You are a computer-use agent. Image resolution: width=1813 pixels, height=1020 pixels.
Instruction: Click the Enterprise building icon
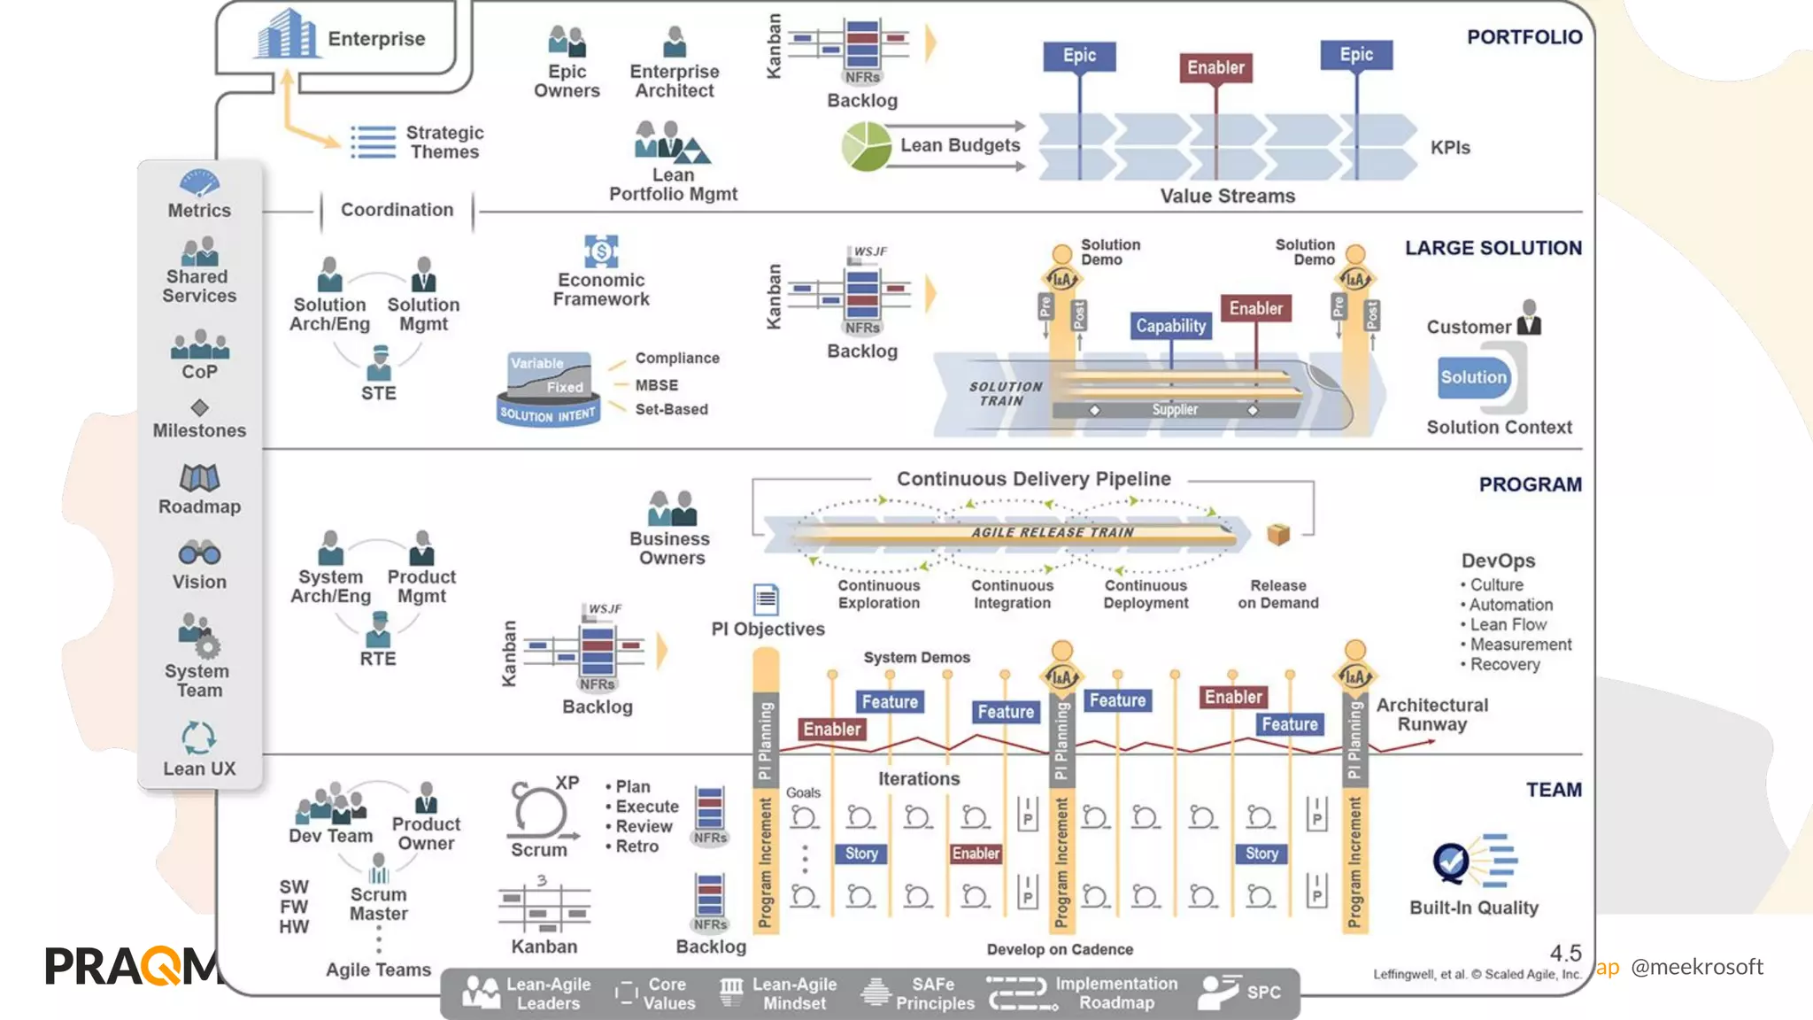coord(286,35)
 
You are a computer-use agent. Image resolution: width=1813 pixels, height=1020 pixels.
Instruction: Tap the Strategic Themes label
coord(444,142)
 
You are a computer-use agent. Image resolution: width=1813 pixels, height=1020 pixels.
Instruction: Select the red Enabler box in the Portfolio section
coord(1215,67)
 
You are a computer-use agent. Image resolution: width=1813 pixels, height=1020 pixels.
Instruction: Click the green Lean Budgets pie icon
coord(866,146)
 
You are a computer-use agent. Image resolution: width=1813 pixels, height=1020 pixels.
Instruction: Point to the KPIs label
coord(1450,148)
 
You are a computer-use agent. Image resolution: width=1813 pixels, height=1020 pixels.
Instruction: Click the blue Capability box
coord(1170,326)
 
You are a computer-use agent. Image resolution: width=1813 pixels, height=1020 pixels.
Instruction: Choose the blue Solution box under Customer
coord(1473,377)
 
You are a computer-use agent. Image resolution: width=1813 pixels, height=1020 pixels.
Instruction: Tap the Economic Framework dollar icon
coord(601,251)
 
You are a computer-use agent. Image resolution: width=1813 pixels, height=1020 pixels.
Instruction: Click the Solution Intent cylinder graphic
coord(549,390)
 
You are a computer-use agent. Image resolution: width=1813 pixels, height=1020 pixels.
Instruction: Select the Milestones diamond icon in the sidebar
coord(199,407)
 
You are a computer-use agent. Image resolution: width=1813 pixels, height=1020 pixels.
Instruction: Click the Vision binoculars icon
coord(199,553)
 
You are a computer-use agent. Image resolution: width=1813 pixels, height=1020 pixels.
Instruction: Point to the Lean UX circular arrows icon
coord(198,738)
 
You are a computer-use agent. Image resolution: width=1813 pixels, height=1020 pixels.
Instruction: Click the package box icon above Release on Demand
coord(1277,534)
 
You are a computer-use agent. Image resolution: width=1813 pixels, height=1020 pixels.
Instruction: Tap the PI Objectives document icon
coord(766,599)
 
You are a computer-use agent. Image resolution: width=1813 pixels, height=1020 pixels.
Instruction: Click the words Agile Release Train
coord(1052,532)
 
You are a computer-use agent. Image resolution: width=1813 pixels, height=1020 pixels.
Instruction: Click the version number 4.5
coord(1565,953)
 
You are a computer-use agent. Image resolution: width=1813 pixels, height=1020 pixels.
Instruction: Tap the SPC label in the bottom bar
coord(1263,993)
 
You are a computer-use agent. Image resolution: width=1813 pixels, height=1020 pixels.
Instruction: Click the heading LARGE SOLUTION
coord(1493,248)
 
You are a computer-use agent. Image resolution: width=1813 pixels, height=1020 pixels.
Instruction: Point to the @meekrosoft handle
coord(1696,967)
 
